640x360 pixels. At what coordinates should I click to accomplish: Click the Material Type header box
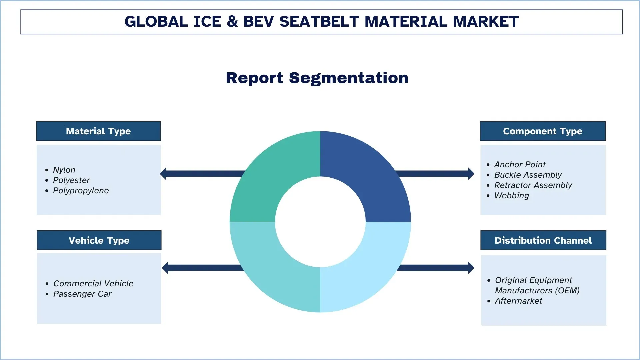98,131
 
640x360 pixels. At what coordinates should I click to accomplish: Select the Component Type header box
542,131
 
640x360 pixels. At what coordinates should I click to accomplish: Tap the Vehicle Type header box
99,240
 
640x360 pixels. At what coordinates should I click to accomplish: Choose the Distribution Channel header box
543,240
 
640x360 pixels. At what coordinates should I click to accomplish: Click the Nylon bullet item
64,170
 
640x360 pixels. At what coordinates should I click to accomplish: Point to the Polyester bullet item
71,180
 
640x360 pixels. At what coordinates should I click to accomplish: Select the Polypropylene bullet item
81,190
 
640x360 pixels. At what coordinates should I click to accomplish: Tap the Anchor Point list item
520,164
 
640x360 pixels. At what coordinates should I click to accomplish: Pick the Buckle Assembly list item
528,175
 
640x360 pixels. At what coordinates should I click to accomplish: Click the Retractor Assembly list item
533,185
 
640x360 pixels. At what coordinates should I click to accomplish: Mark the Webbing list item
511,195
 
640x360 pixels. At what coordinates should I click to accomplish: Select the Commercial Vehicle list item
93,283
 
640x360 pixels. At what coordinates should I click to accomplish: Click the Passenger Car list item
82,294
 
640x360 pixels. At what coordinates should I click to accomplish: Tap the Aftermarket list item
518,301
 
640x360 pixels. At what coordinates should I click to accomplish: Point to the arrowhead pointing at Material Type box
163,173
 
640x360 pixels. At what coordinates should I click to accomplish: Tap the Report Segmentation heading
317,78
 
